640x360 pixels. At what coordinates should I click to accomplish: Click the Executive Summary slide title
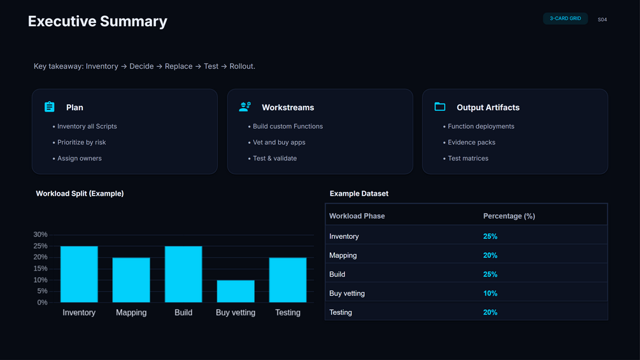[x=97, y=22]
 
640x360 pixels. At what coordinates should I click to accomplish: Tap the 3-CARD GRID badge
[x=565, y=18]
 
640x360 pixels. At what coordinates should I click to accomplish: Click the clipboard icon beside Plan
[x=50, y=107]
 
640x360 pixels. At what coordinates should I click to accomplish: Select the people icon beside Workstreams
[x=245, y=107]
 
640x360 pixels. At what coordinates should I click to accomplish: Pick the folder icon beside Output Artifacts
[x=439, y=107]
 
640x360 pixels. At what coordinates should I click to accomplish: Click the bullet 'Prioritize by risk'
[x=82, y=142]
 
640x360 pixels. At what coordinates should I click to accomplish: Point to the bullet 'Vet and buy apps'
[x=279, y=142]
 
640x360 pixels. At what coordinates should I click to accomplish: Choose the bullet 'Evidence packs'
[x=471, y=142]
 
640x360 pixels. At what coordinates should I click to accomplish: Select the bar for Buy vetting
[x=236, y=291]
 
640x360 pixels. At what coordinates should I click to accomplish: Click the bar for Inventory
[x=79, y=274]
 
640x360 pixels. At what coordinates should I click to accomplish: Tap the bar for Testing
[x=288, y=280]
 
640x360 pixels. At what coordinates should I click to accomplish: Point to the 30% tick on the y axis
[x=40, y=234]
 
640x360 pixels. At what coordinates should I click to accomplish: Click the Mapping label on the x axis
[x=131, y=313]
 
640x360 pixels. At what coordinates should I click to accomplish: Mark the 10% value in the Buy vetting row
[x=490, y=293]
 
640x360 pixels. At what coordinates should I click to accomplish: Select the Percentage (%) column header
[x=509, y=216]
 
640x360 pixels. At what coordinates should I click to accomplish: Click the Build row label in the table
[x=338, y=274]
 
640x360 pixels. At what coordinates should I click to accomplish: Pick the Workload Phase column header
[x=357, y=216]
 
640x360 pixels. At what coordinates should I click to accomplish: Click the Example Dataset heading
[x=359, y=194]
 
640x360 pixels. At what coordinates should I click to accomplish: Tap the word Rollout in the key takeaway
[x=242, y=66]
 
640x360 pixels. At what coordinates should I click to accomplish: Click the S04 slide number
[x=602, y=20]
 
